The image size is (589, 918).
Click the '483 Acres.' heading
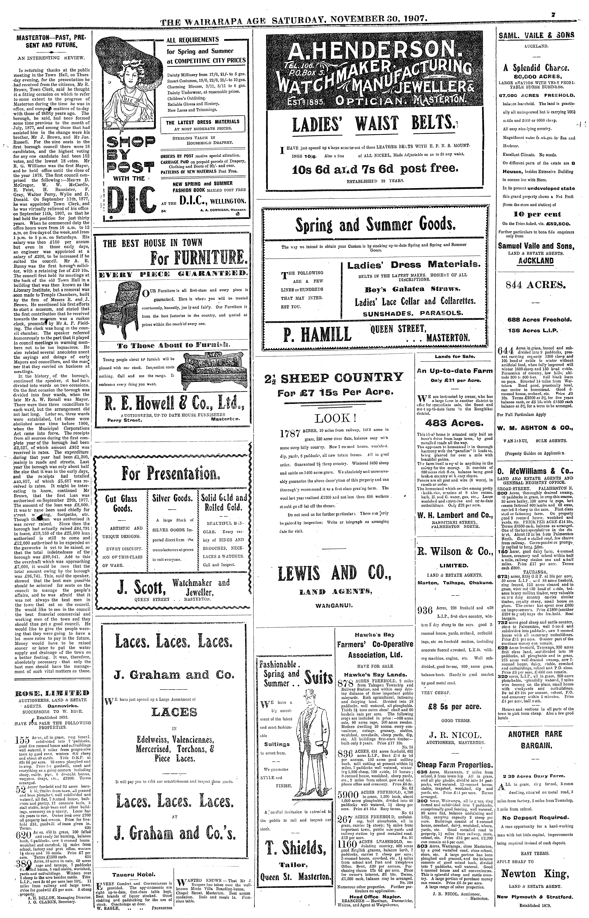click(x=454, y=423)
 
